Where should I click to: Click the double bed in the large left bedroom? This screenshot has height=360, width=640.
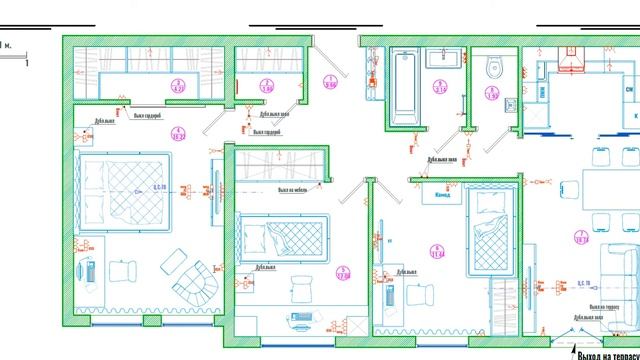117,189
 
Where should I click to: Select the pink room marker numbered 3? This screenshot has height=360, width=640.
179,84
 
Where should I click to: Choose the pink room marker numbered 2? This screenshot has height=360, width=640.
266,84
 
